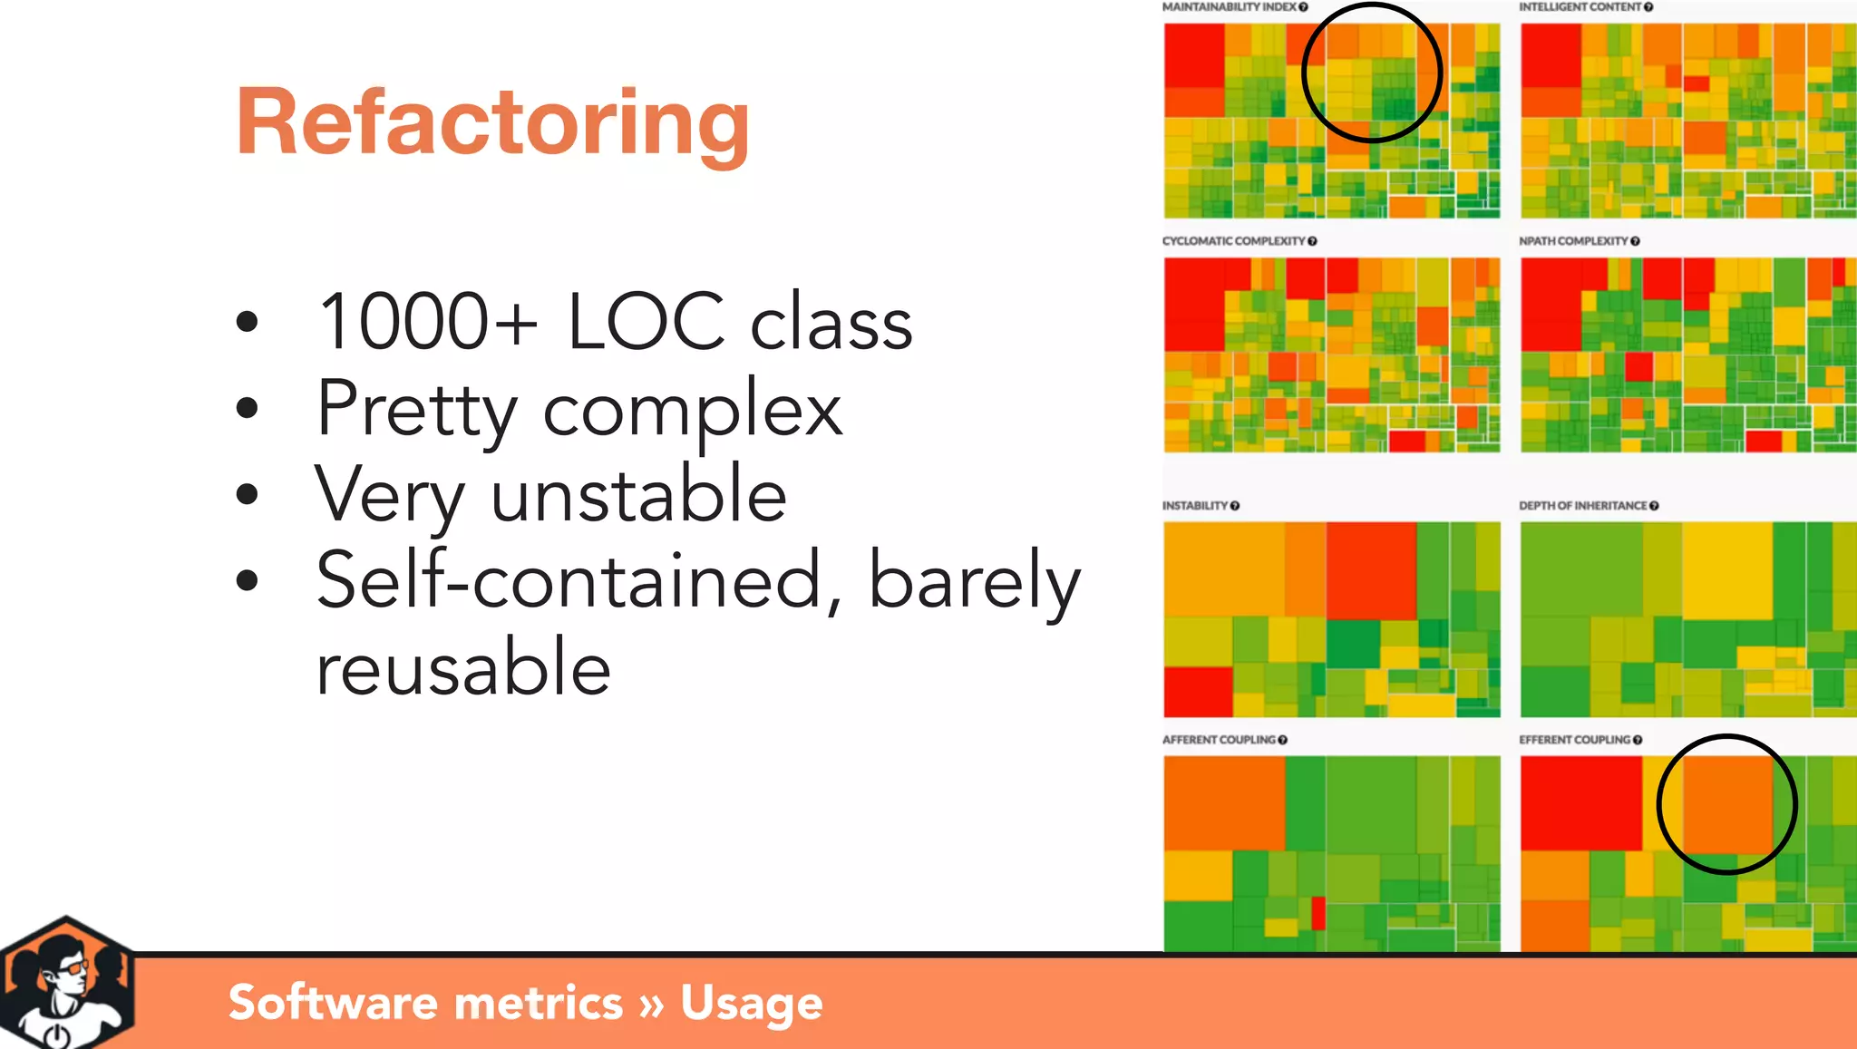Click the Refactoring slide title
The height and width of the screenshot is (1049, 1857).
[x=492, y=122]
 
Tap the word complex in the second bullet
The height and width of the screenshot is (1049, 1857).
[x=693, y=410]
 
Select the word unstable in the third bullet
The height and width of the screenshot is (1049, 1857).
[x=638, y=495]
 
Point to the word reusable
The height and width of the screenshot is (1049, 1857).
[x=462, y=667]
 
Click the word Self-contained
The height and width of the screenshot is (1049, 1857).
[x=569, y=580]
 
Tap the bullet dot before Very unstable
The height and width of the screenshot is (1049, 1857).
[x=247, y=495]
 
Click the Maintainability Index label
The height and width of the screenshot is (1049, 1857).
[x=1229, y=7]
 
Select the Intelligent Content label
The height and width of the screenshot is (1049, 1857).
[x=1580, y=7]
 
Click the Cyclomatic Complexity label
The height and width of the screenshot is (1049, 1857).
[x=1233, y=241]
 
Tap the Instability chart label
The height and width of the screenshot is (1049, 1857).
[x=1195, y=506]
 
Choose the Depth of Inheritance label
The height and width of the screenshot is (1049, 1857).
[x=1582, y=506]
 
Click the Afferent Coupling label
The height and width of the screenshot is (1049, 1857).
[x=1219, y=740]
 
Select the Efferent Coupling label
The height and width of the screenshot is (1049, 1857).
[x=1574, y=740]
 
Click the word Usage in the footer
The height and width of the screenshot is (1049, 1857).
[x=751, y=1003]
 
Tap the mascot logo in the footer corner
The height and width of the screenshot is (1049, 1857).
[x=65, y=984]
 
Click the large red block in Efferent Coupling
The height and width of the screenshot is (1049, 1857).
[x=1580, y=803]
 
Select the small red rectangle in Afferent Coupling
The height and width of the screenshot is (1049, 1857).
[x=1318, y=912]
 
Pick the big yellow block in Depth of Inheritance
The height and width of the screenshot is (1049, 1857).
[x=1727, y=571]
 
